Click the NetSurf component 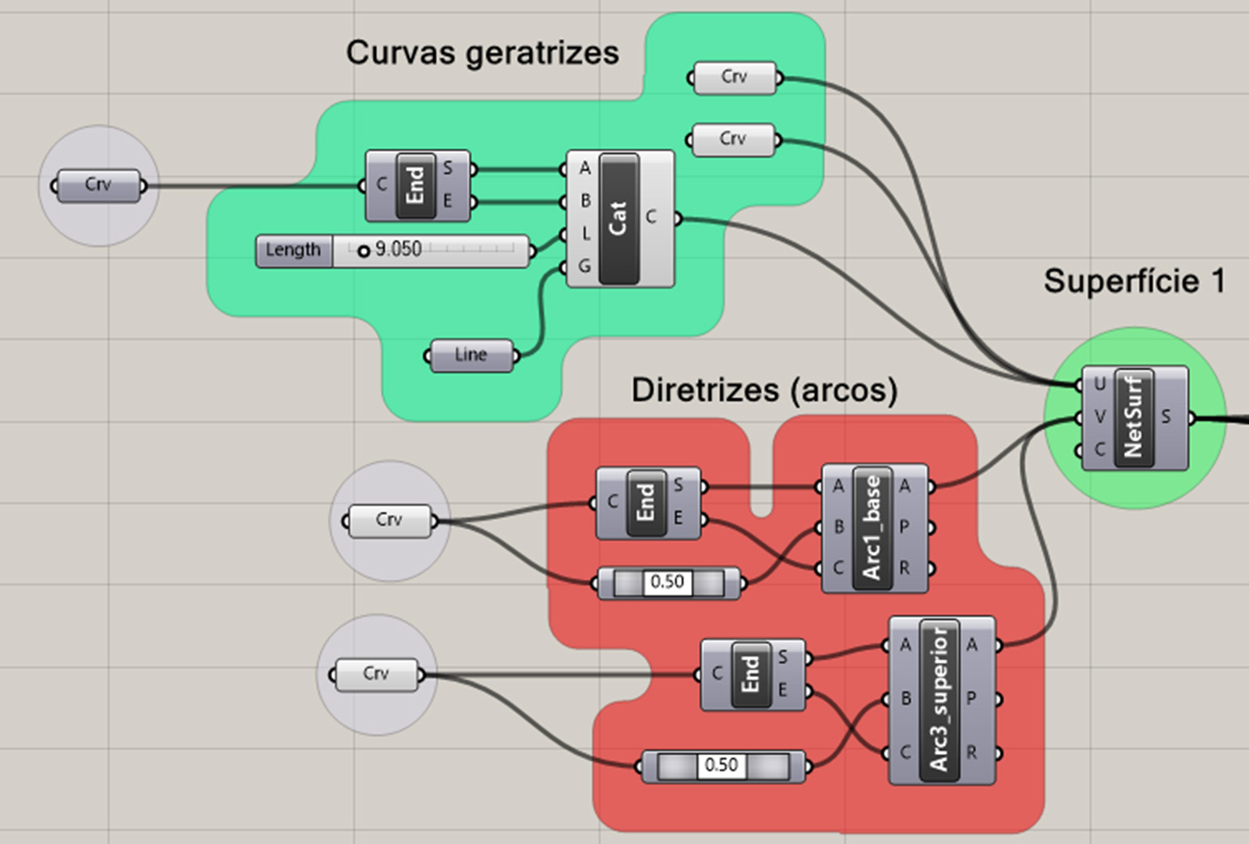1134,417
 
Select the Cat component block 619,218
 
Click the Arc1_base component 872,527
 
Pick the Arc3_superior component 940,700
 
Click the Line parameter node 471,356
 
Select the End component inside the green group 416,185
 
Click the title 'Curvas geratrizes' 482,53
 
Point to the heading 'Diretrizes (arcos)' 764,390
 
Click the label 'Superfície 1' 1133,281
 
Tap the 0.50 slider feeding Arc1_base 668,582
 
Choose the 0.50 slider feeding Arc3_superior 723,765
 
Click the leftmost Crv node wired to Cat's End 98,185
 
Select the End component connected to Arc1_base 646,503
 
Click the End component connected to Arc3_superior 751,674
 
